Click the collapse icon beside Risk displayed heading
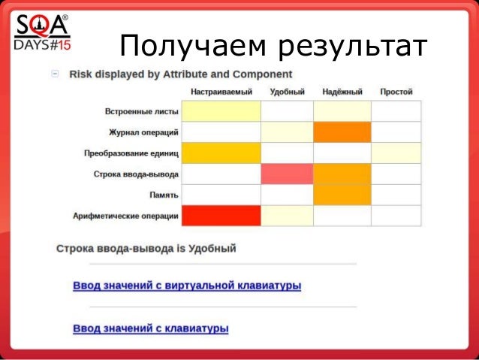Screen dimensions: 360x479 click(x=56, y=74)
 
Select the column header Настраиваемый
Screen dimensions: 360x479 click(x=221, y=92)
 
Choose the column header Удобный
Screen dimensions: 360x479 click(x=287, y=92)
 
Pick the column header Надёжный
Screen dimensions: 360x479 click(x=342, y=92)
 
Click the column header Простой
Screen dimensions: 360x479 click(x=396, y=92)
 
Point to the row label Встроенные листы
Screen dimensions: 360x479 click(x=141, y=112)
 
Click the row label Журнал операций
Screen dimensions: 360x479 click(x=143, y=132)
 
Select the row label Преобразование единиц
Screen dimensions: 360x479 click(x=131, y=153)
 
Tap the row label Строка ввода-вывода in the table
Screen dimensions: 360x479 click(x=136, y=174)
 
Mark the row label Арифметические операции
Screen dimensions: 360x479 click(x=125, y=216)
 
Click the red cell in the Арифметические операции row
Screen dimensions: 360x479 click(x=221, y=216)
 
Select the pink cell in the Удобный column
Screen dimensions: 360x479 click(x=287, y=174)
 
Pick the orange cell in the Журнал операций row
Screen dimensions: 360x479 click(x=342, y=132)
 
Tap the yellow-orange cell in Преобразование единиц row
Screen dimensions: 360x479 click(x=221, y=153)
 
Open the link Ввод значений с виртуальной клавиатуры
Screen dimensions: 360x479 click(x=187, y=286)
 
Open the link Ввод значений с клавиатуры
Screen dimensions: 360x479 click(x=150, y=328)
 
